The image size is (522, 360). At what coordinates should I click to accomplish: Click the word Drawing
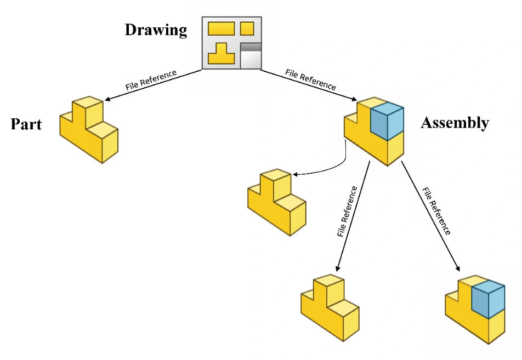click(156, 30)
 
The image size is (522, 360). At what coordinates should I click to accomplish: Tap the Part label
click(26, 124)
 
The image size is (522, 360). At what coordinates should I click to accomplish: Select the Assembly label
click(455, 123)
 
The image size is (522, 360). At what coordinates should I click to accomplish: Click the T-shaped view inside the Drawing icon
click(222, 54)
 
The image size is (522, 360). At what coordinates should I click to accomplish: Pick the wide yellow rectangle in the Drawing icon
click(222, 28)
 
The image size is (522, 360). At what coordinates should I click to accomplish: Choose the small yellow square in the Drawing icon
click(247, 28)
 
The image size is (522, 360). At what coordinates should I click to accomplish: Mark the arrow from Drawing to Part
click(154, 85)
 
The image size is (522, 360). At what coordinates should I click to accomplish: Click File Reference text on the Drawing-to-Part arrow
click(151, 79)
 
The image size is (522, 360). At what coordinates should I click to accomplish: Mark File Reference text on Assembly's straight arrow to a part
click(347, 212)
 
